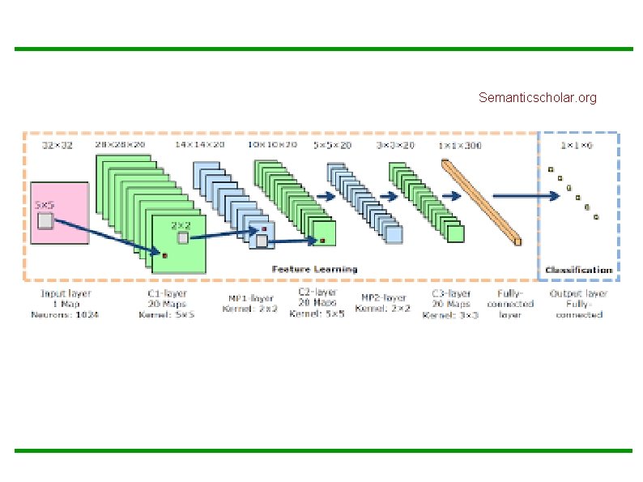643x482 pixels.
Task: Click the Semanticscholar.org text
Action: click(x=537, y=98)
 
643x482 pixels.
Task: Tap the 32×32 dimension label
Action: click(x=57, y=146)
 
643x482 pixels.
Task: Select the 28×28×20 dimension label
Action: click(x=120, y=145)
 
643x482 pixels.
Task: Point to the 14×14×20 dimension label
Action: click(x=199, y=146)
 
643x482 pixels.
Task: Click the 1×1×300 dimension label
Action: click(x=459, y=146)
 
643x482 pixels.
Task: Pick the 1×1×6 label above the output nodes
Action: click(x=577, y=146)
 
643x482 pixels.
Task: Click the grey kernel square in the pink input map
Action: click(x=46, y=220)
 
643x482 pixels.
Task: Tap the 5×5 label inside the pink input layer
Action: click(x=44, y=207)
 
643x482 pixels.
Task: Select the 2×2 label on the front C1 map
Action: click(x=181, y=224)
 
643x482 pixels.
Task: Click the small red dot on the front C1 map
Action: click(x=164, y=255)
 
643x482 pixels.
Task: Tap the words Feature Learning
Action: click(x=314, y=269)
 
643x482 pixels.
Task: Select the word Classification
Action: click(x=579, y=270)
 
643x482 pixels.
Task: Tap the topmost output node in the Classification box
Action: click(x=551, y=169)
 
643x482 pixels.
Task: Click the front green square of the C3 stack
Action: click(x=455, y=233)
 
